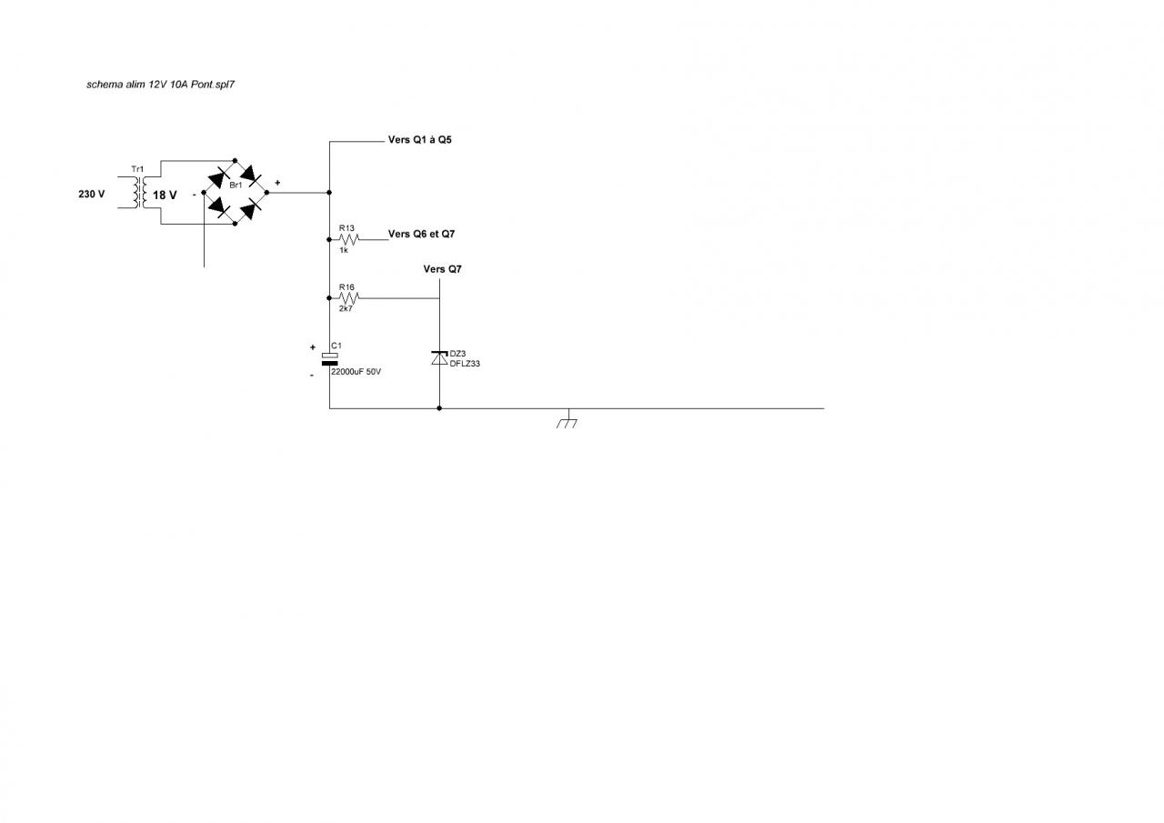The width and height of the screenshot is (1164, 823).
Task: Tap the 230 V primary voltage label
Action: [x=92, y=195]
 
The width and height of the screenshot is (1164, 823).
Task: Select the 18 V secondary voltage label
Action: [x=165, y=195]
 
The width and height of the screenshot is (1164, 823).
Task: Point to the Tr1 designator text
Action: [x=137, y=169]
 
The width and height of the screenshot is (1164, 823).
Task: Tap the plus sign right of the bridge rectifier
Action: [x=277, y=183]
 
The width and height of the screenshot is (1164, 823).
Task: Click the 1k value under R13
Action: [x=344, y=249]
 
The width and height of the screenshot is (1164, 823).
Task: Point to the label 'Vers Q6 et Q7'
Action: [x=421, y=235]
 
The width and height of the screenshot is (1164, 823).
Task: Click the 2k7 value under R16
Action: [x=346, y=308]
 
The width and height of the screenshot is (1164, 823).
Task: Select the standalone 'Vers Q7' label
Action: [x=443, y=269]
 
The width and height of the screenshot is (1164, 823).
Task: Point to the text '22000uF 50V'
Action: [x=356, y=372]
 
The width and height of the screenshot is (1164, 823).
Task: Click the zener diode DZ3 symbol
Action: [x=439, y=358]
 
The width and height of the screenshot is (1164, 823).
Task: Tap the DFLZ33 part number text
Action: [x=465, y=363]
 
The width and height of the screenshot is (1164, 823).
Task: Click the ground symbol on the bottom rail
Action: [x=567, y=420]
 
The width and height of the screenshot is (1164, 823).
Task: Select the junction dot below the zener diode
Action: [x=439, y=408]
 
